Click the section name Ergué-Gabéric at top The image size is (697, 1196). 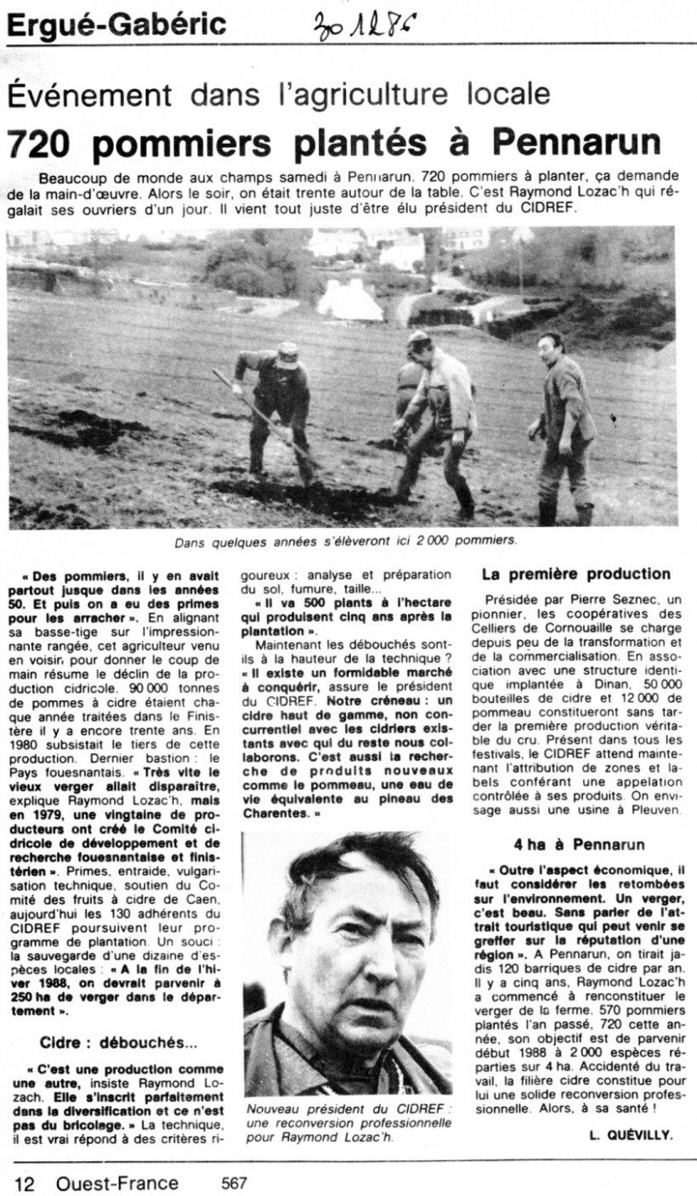(x=116, y=25)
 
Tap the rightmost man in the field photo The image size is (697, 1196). (x=563, y=425)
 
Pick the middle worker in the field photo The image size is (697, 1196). (x=438, y=417)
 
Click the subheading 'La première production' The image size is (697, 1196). (x=576, y=575)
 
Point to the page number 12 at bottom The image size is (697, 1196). (x=23, y=1182)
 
